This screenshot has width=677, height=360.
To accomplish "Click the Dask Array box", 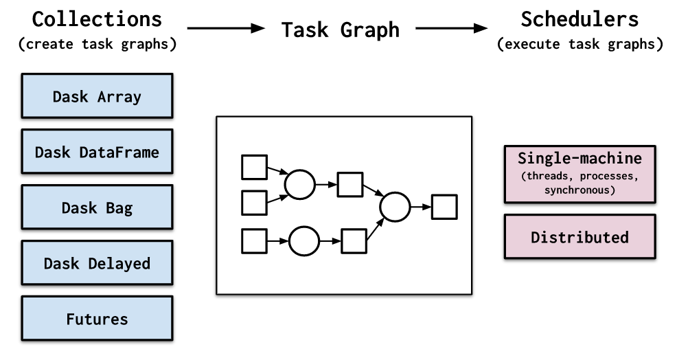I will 97,96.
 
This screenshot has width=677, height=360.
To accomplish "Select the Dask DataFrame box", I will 97,152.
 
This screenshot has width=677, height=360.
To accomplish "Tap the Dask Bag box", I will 97,207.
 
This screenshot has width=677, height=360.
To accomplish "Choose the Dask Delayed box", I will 97,263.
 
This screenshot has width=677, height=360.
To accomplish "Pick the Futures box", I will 97,319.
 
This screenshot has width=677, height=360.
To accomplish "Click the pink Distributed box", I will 580,237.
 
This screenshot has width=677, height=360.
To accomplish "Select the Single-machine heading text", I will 580,159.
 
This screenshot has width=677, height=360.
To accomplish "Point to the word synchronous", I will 580,189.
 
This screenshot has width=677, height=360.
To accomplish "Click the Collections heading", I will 97,19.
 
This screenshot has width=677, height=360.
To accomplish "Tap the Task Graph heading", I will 340,30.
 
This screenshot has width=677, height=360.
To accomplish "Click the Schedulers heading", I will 580,19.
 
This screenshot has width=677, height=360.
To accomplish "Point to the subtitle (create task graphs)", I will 97,45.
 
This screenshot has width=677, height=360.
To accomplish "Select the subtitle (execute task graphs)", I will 580,45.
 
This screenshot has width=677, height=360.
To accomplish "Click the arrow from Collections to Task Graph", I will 226,29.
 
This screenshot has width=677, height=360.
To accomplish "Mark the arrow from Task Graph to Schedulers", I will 454,29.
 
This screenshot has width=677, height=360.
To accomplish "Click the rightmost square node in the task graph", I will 444,207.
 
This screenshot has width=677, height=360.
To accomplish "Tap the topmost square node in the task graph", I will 254,167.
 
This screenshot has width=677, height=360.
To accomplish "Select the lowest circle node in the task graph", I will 304,241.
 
